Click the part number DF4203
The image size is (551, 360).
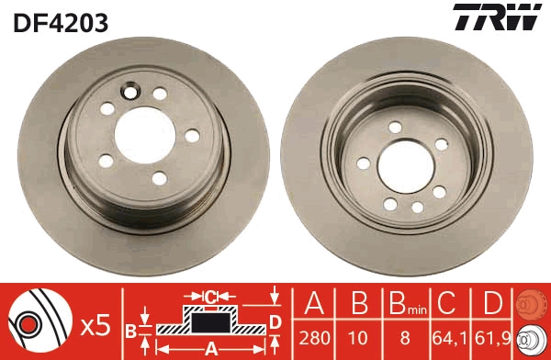[60, 20]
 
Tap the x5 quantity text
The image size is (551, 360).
[95, 324]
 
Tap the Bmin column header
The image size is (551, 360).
[405, 304]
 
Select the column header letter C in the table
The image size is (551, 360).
[448, 303]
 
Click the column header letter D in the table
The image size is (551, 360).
[493, 303]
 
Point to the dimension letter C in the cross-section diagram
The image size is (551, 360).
[209, 296]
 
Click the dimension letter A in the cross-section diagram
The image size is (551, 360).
[209, 348]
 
